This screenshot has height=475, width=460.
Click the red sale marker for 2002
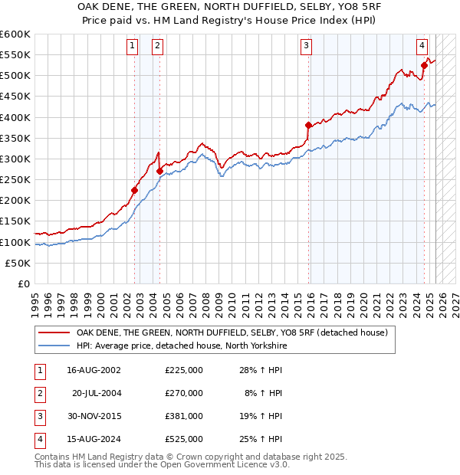pyautogui.click(x=134, y=190)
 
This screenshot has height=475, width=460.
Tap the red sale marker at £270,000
pyautogui.click(x=159, y=171)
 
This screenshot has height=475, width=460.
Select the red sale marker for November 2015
pyautogui.click(x=308, y=125)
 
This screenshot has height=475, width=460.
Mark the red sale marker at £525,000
pyautogui.click(x=424, y=66)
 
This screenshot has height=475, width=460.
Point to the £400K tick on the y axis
pyautogui.click(x=15, y=117)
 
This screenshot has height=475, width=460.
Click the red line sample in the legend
pyautogui.click(x=54, y=333)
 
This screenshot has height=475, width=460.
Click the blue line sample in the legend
pyautogui.click(x=54, y=346)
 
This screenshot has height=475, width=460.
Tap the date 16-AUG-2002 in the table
pyautogui.click(x=94, y=370)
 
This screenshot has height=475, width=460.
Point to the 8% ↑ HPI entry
pyautogui.click(x=262, y=393)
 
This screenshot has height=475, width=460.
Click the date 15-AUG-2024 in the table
pyautogui.click(x=94, y=439)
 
